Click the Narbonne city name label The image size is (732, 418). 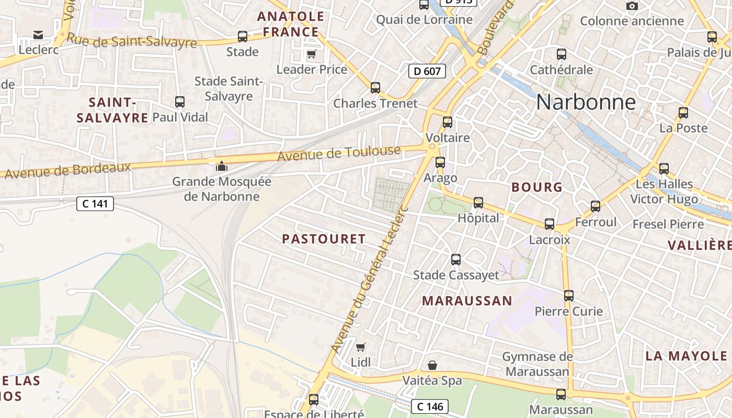tap(586, 102)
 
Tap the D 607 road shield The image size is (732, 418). tap(427, 71)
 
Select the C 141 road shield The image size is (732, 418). tap(95, 204)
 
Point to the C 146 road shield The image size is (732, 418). tap(430, 406)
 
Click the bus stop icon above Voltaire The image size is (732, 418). tap(448, 122)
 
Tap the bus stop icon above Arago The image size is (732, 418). tap(440, 162)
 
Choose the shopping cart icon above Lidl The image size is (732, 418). tap(360, 347)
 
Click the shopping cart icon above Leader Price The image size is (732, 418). tap(311, 54)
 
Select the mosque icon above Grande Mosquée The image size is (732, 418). tap(222, 166)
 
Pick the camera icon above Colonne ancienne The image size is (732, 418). tap(632, 6)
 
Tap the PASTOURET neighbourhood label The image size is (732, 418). tap(324, 239)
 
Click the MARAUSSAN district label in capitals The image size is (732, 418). tap(467, 300)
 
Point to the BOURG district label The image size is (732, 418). tap(536, 187)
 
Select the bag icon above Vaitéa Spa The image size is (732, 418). tap(432, 365)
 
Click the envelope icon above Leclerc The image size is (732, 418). tap(38, 34)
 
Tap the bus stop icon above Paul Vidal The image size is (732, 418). tap(180, 101)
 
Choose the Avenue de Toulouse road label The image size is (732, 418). tap(339, 154)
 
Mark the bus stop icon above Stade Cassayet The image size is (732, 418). tap(456, 259)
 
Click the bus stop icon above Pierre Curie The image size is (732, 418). tap(569, 296)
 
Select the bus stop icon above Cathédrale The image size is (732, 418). tap(562, 54)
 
